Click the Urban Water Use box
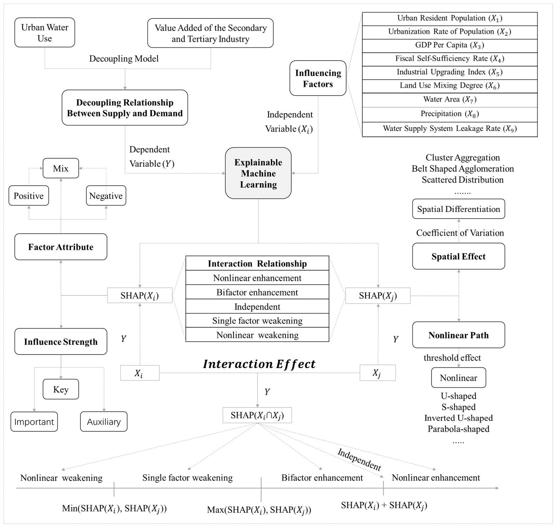45,33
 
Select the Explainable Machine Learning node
258,173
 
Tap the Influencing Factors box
318,78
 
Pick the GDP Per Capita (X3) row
449,46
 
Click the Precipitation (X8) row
449,114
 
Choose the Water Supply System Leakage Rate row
449,129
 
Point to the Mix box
61,168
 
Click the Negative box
106,195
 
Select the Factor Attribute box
61,247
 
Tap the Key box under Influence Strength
61,389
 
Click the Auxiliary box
104,422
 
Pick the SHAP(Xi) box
140,296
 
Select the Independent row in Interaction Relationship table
257,307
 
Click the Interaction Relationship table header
257,263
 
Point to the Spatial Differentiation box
459,209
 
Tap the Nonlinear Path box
459,335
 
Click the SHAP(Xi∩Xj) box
257,415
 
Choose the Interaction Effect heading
259,364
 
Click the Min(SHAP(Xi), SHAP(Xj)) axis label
114,509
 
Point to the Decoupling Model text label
124,59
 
